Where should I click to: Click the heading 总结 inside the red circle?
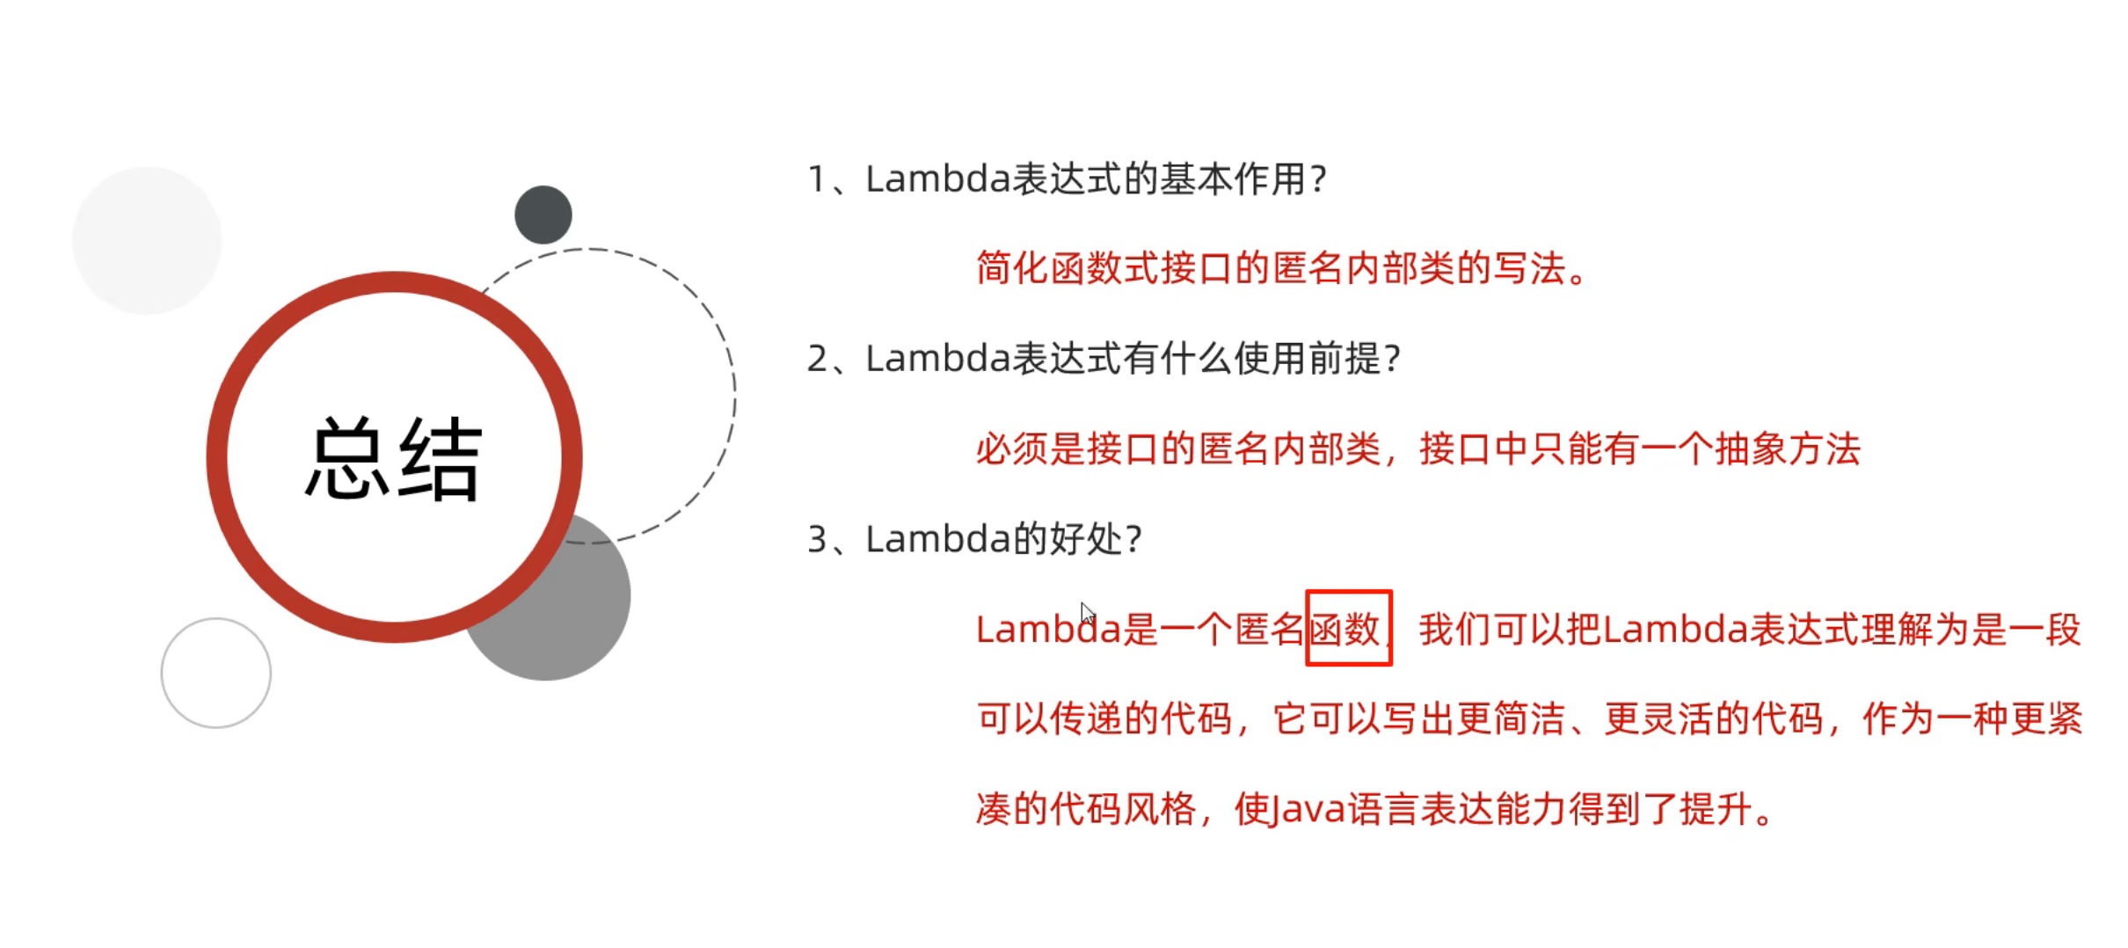(393, 458)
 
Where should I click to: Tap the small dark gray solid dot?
(543, 215)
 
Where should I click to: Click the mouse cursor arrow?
(1087, 613)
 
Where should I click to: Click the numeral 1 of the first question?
(816, 179)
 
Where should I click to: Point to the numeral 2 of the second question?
(817, 359)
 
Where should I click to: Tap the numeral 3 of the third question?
(817, 539)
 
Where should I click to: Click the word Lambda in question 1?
(937, 179)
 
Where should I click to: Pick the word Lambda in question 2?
(937, 359)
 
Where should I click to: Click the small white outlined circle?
(216, 673)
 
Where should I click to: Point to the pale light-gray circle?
(147, 240)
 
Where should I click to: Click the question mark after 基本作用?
(1317, 179)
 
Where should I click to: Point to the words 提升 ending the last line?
(1715, 809)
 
